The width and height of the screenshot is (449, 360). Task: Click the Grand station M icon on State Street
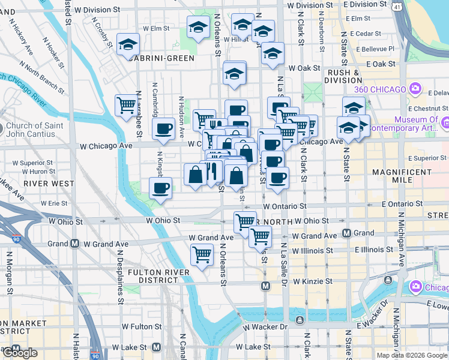coord(346,233)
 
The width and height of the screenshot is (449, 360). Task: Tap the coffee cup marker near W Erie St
coord(160,188)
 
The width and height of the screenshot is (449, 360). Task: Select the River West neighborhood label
coord(49,183)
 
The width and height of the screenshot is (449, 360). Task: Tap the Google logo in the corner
coord(20,353)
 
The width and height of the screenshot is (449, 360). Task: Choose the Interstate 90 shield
coord(15,239)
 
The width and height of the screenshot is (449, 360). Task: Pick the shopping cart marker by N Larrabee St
coord(126,106)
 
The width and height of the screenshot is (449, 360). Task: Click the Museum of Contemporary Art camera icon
coord(445,123)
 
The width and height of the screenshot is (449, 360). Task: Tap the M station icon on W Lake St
coord(157,347)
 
